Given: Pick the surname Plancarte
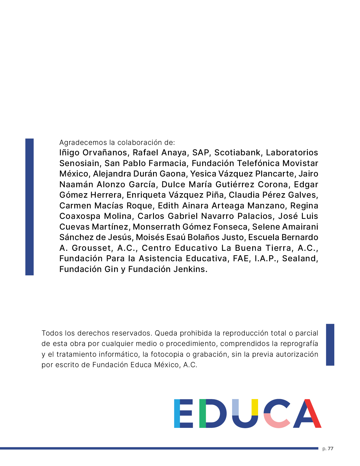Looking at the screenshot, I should pyautogui.click(x=274, y=174).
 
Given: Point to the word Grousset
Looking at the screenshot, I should pyautogui.click(x=91, y=248).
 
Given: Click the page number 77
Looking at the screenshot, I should pyautogui.click(x=331, y=448).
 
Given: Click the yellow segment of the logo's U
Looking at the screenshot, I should pyautogui.click(x=255, y=407).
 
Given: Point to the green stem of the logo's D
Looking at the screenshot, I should pyautogui.click(x=202, y=413).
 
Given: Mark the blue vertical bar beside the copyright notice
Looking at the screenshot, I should pyautogui.click(x=330, y=345).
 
